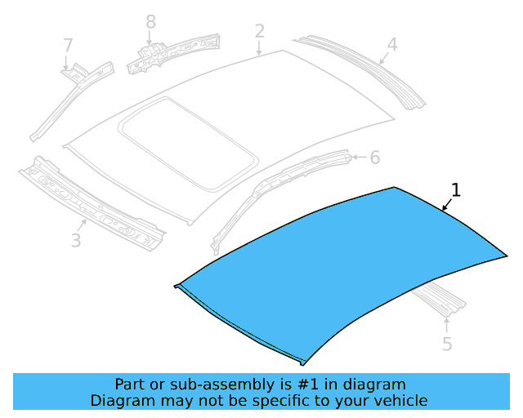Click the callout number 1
pyautogui.click(x=456, y=190)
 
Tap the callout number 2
pyautogui.click(x=259, y=32)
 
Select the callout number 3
pyautogui.click(x=76, y=240)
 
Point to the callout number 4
pyautogui.click(x=391, y=44)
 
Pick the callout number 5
pyautogui.click(x=447, y=344)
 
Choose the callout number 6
pyautogui.click(x=374, y=157)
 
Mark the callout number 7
pyautogui.click(x=68, y=45)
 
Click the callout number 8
pyautogui.click(x=150, y=20)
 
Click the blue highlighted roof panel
pyautogui.click(x=343, y=261)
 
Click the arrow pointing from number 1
pyautogui.click(x=448, y=204)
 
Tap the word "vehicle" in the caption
pyautogui.click(x=400, y=400)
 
